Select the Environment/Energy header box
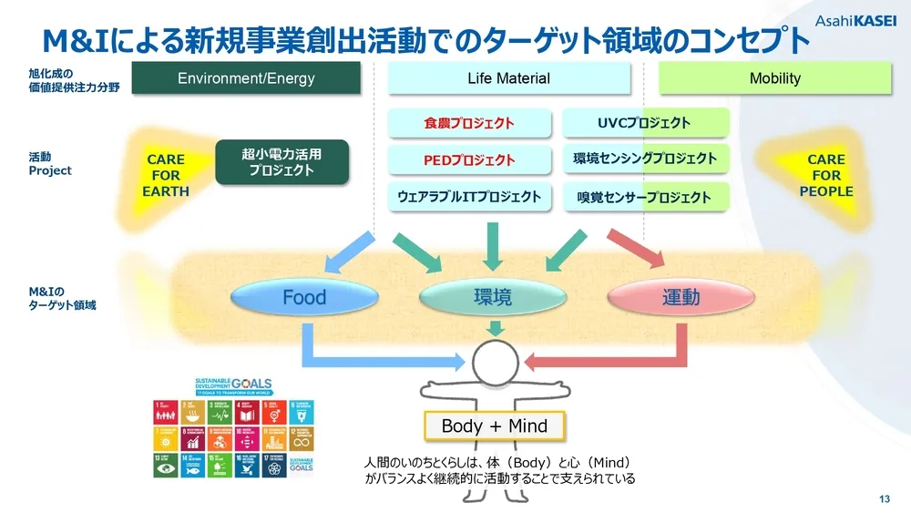tap(246, 78)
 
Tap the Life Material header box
tap(509, 78)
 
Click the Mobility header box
tap(774, 78)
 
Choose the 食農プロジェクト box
tap(469, 123)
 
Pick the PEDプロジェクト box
tap(469, 159)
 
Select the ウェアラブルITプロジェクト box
tap(469, 196)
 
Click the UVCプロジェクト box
tap(644, 123)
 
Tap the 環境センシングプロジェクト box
tap(644, 159)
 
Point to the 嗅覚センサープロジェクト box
tap(644, 197)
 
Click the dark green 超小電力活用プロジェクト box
tap(281, 162)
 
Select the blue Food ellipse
tap(304, 298)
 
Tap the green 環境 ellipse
tap(494, 298)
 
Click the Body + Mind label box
tap(494, 426)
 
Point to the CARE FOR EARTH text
tap(166, 175)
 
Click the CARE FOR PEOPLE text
tap(826, 175)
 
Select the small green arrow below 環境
tap(494, 326)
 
